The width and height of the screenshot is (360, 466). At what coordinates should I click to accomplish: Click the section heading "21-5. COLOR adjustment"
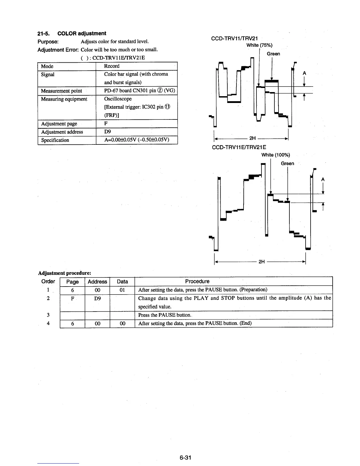point(72,33)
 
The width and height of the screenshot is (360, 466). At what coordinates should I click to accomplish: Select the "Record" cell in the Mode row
point(112,66)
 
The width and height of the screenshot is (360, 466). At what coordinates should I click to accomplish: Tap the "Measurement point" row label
point(61,91)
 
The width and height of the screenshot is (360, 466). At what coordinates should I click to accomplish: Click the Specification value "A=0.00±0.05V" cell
point(136,140)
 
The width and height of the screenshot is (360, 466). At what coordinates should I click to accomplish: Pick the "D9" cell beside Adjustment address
point(107,132)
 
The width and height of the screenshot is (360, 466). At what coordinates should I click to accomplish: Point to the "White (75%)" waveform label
point(259,45)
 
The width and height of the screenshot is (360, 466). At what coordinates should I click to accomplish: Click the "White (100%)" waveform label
point(276,155)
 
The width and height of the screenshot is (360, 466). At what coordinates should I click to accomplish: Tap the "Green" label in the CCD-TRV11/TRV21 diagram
point(273,54)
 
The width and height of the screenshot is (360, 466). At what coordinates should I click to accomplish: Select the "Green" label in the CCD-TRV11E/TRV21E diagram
point(287,163)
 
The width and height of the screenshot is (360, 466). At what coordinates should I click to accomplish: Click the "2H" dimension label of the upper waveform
point(253,138)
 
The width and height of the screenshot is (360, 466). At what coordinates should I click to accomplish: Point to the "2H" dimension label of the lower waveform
point(262,262)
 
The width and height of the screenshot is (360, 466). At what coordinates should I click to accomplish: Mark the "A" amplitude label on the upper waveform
point(304,73)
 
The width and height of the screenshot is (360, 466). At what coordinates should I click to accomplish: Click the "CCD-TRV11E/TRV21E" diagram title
point(239,147)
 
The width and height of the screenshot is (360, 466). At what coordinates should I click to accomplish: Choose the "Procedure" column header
point(197,281)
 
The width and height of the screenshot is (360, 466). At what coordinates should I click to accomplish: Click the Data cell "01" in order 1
point(122,290)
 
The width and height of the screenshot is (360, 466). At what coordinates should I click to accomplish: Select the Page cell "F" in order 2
point(72,298)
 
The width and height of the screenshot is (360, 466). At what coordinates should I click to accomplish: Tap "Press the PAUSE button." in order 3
point(165,315)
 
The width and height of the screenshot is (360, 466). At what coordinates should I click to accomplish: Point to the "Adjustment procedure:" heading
point(65,273)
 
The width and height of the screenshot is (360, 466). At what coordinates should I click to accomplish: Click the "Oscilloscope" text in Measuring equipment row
point(118,99)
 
